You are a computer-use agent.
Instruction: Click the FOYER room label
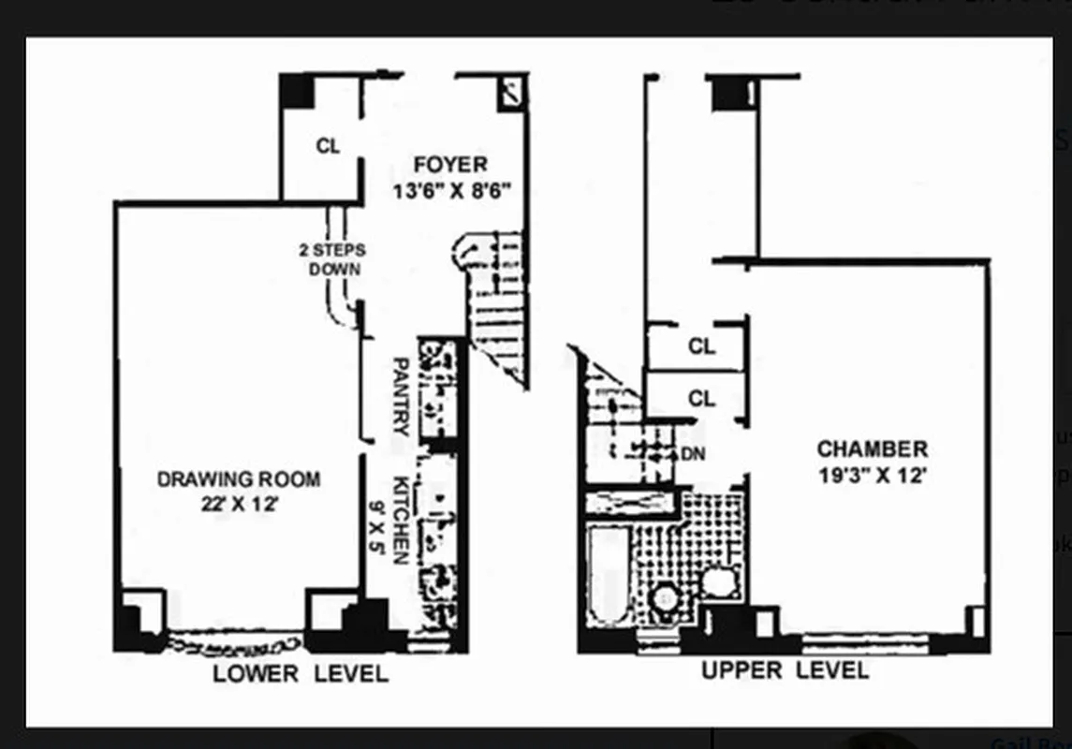[452, 165]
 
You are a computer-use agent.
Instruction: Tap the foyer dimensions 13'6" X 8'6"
[452, 191]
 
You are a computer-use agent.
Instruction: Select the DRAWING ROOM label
[238, 479]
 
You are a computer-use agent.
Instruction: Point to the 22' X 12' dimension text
[238, 504]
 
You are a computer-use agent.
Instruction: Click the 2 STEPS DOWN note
[331, 259]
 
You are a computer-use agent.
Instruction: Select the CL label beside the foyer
[328, 146]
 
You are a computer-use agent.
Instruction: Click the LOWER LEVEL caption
[300, 674]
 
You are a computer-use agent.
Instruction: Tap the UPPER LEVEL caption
[785, 670]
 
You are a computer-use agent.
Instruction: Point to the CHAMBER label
[873, 449]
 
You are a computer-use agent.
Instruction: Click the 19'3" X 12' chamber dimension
[873, 475]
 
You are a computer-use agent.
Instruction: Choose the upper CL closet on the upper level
[701, 346]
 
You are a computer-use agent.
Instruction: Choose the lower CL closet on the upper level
[701, 399]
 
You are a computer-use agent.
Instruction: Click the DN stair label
[693, 454]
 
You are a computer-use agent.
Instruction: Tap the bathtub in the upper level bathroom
[609, 574]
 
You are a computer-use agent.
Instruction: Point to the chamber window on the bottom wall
[865, 644]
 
